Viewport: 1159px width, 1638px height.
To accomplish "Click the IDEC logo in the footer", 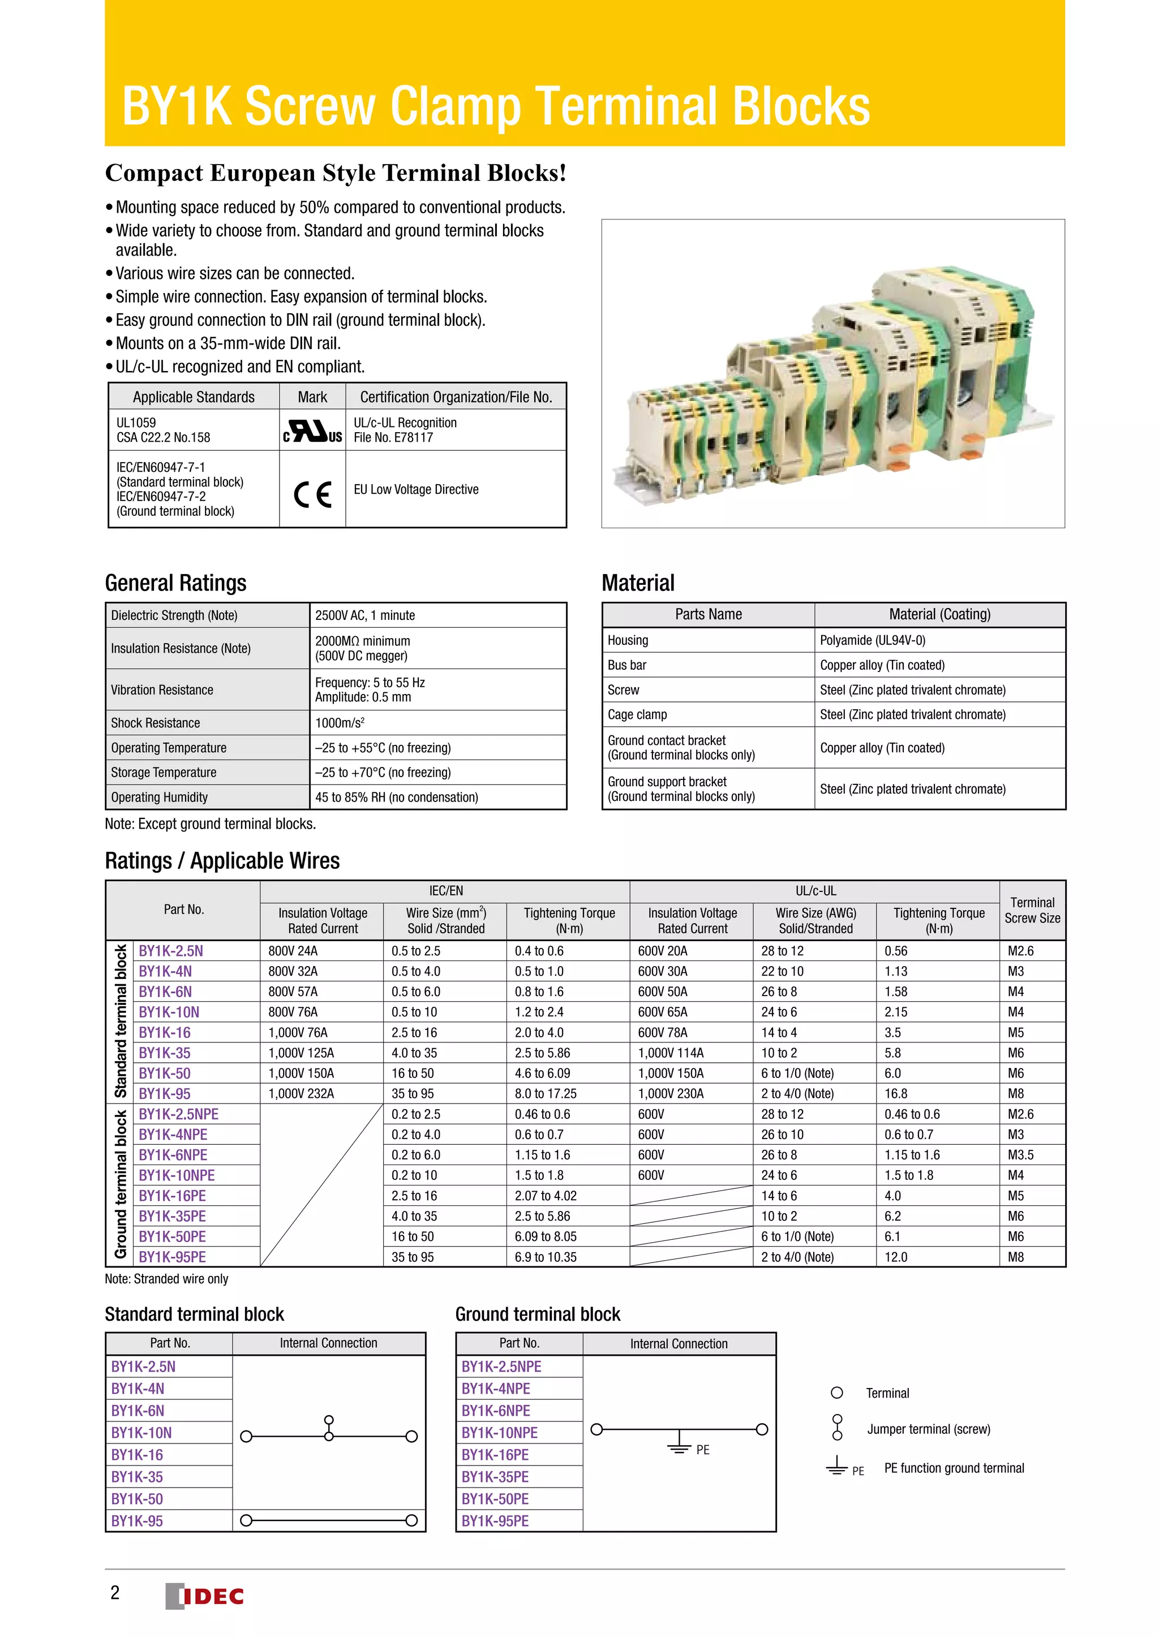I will tap(205, 1596).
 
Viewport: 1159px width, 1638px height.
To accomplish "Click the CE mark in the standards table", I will tap(312, 494).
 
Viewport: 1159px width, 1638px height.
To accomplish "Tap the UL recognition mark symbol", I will tap(312, 431).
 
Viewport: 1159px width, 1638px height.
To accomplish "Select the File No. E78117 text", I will tap(393, 438).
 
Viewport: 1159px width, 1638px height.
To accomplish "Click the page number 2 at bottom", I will tap(115, 1592).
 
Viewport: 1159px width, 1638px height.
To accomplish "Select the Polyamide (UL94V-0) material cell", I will tap(872, 640).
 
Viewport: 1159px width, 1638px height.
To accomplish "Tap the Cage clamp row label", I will tap(637, 714).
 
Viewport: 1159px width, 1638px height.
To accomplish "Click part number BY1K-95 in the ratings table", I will tap(164, 1094).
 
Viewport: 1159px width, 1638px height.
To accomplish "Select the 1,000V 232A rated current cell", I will tap(301, 1094).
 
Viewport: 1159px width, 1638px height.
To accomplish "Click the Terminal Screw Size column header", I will tap(1032, 910).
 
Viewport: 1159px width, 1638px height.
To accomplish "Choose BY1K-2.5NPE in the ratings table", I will tap(178, 1114).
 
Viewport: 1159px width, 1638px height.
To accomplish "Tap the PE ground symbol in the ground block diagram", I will tap(680, 1442).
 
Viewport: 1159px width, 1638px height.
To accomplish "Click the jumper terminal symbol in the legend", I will tap(837, 1428).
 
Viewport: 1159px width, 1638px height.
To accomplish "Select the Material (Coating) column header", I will tap(939, 614).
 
